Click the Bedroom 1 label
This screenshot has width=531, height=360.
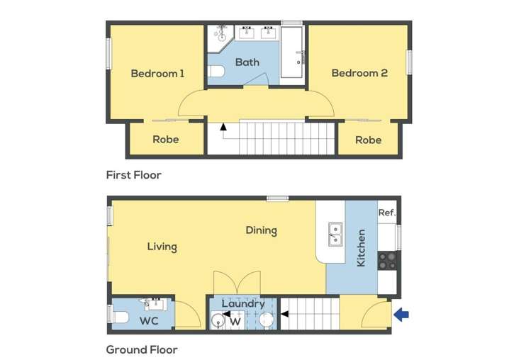point(157,73)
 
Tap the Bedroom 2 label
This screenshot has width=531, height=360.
point(359,73)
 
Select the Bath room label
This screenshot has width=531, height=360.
point(247,62)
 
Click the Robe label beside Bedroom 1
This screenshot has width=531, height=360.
point(165,140)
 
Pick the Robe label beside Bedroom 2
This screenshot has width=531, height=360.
point(368,140)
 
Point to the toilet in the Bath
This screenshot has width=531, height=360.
point(216,71)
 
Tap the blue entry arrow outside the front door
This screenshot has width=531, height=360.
point(401,314)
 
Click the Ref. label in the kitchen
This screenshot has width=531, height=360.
point(386,213)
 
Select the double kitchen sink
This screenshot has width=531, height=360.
point(335,233)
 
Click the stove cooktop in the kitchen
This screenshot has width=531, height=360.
point(387,260)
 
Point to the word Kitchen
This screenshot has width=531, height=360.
point(361,247)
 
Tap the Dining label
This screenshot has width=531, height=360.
point(261,230)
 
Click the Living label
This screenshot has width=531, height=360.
point(162,247)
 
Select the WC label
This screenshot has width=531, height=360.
point(148,321)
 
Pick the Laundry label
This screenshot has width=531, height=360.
point(243,304)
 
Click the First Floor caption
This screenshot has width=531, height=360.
point(133,175)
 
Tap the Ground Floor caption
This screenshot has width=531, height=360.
point(142,349)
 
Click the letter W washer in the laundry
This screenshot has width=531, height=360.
point(235,320)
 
